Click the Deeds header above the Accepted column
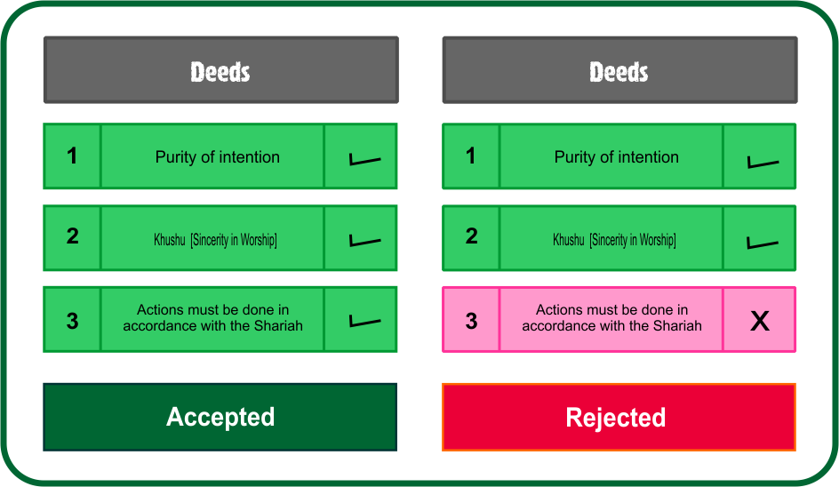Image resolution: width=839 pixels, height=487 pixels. (x=220, y=71)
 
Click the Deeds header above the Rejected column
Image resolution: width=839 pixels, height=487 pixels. (x=619, y=71)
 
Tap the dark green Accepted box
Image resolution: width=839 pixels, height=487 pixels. (x=220, y=417)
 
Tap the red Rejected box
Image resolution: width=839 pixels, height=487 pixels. (x=619, y=417)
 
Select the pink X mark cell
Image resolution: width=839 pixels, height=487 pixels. (x=759, y=320)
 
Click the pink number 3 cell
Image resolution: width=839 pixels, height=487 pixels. (x=471, y=320)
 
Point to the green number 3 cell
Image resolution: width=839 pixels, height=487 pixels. (x=72, y=320)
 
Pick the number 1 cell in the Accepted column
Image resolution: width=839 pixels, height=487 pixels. (x=72, y=156)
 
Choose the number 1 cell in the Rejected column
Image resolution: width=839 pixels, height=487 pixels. (x=471, y=156)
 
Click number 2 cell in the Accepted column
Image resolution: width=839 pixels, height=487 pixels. (x=72, y=237)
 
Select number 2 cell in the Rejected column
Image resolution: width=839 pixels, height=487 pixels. (x=471, y=237)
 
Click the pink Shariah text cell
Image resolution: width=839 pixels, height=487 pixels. (x=611, y=319)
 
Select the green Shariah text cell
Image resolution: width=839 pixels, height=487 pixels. (x=212, y=319)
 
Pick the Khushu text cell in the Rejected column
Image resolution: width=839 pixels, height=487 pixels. (x=611, y=238)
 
